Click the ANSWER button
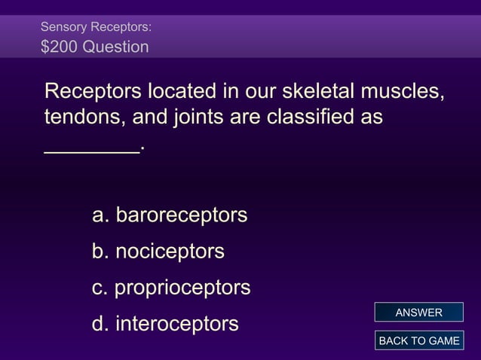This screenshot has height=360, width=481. coord(418,313)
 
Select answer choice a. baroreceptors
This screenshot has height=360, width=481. coord(169,215)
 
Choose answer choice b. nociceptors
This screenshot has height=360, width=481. coord(158,251)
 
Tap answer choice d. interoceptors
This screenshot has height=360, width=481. coord(165,324)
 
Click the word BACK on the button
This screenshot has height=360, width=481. coord(393,341)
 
